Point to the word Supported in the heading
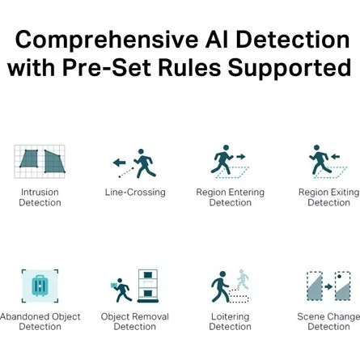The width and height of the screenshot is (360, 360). (290, 70)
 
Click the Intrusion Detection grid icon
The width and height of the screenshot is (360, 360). (40, 162)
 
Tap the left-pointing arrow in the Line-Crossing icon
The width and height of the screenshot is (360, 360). (119, 163)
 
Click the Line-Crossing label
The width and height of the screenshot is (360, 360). (135, 193)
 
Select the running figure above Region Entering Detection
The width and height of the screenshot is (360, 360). (222, 159)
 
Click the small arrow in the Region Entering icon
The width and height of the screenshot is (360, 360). (241, 156)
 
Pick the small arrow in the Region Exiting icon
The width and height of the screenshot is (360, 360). (335, 156)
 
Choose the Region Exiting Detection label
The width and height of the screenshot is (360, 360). (328, 197)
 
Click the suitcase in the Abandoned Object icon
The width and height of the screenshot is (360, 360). (40, 286)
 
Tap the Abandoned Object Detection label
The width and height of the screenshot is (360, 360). (40, 321)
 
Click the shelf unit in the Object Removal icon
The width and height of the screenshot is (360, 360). (147, 286)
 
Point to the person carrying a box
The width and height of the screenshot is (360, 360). (121, 290)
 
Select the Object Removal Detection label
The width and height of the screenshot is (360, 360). (135, 321)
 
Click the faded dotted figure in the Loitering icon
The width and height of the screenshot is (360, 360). (243, 279)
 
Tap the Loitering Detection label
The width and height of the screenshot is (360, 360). (230, 321)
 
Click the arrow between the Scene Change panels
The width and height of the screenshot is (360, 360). (328, 286)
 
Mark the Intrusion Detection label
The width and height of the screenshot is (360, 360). (40, 197)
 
